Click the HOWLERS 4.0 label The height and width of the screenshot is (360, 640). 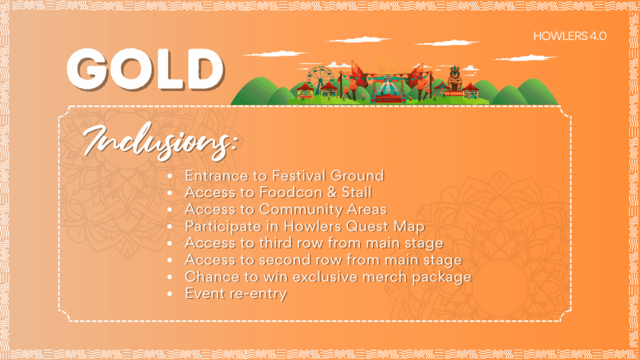point(570,36)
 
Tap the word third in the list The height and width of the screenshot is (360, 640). point(275,243)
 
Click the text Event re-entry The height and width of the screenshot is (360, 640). point(236,294)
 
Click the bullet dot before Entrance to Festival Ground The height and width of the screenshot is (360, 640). point(170,176)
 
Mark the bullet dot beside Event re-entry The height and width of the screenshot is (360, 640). point(170,294)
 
